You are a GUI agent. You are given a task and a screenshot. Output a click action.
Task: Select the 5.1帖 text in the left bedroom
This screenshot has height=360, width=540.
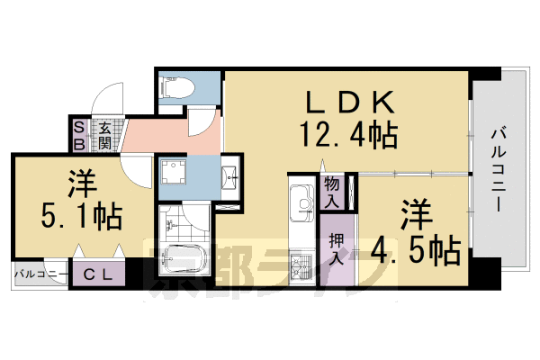click(x=82, y=217)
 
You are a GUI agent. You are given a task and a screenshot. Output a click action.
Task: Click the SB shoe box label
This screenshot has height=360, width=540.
click(x=78, y=135)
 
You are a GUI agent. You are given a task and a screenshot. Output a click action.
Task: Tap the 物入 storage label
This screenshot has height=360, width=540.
click(x=330, y=191)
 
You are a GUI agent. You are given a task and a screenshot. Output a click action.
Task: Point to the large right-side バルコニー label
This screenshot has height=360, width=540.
click(x=497, y=171)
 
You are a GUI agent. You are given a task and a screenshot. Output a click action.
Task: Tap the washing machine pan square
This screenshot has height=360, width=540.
click(x=174, y=176)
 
